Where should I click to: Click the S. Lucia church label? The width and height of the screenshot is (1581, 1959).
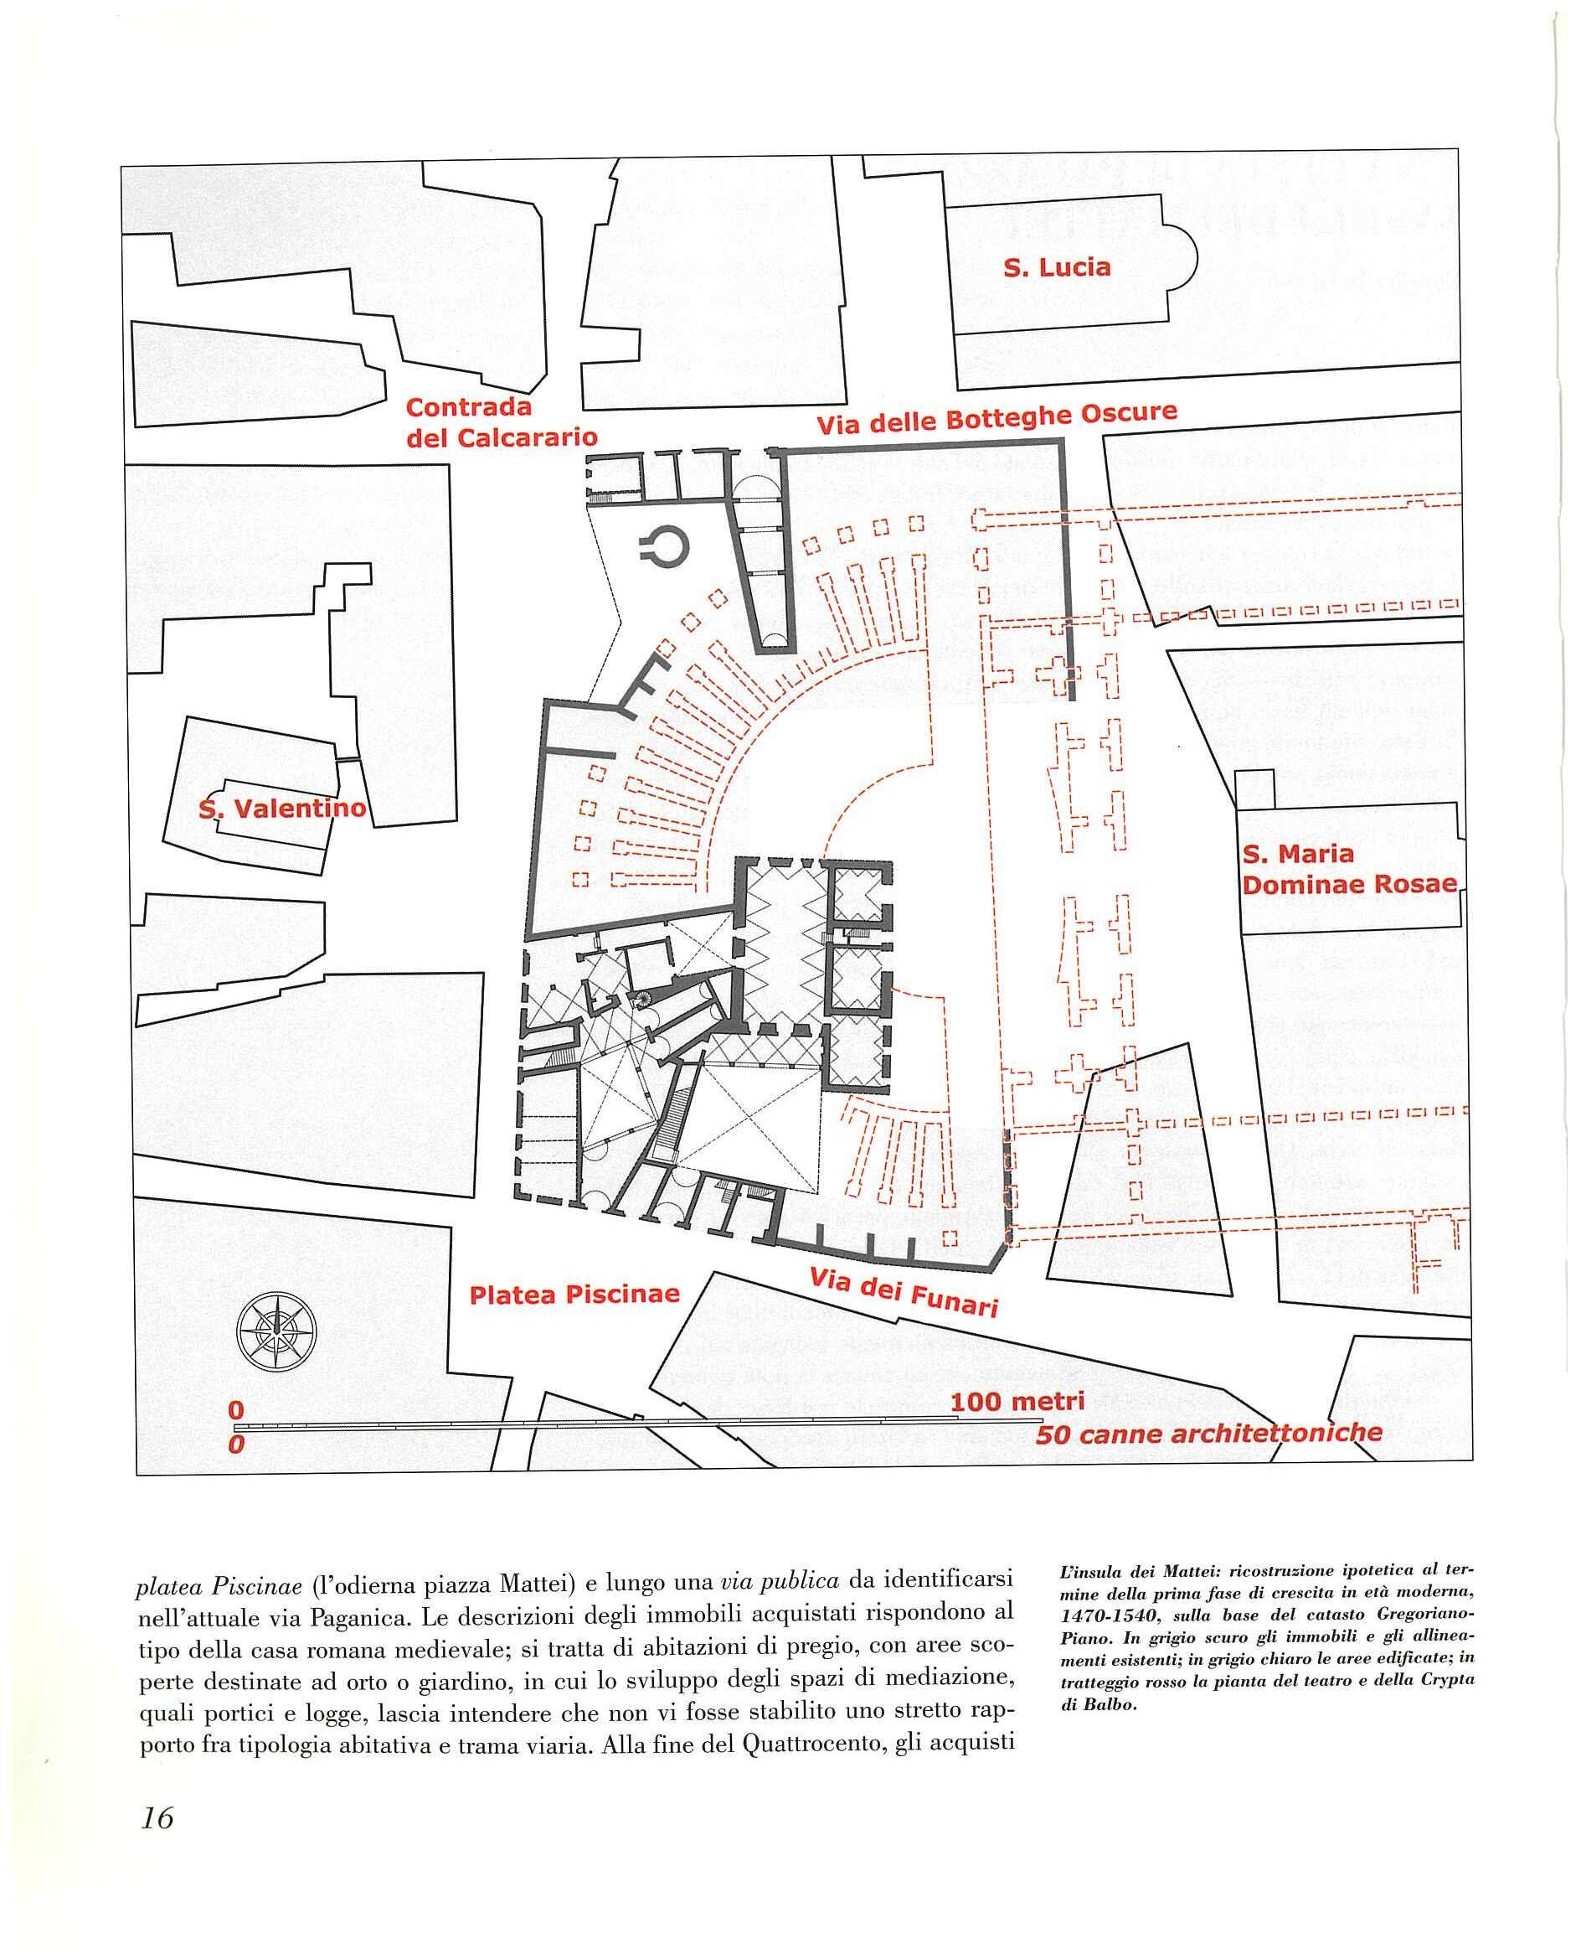pos(1057,268)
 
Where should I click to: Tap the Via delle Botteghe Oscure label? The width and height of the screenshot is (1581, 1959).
pos(996,419)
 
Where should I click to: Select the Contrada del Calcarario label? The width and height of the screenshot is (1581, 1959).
pos(501,423)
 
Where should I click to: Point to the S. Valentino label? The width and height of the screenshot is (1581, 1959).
pos(282,809)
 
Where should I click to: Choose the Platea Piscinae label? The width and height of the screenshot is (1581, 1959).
pos(574,1295)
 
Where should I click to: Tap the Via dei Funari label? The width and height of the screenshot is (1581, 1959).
pos(904,1292)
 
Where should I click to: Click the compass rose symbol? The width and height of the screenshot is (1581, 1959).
pos(276,1331)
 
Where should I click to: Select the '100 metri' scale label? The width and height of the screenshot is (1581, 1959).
pos(1017,1403)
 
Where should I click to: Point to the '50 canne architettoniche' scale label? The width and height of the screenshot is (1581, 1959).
pos(1208,1434)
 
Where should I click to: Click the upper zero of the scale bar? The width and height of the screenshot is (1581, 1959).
pos(236,1409)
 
